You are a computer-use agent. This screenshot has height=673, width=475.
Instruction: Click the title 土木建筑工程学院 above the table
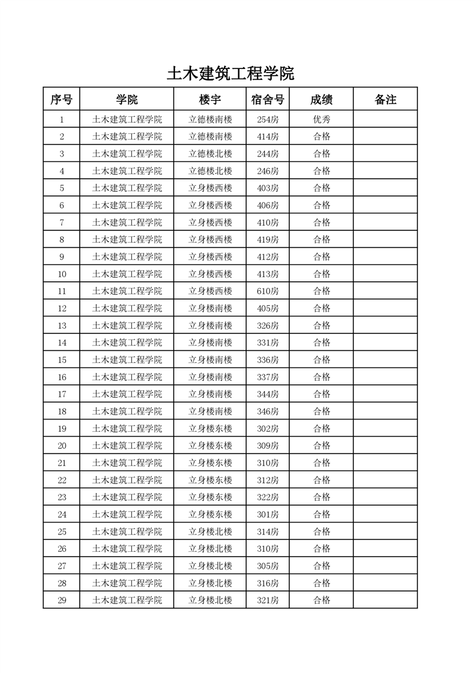click(231, 74)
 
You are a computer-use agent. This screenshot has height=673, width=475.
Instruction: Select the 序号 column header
click(61, 100)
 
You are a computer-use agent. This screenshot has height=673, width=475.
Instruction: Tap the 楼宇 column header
click(210, 100)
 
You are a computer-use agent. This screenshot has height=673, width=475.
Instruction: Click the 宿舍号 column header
click(268, 100)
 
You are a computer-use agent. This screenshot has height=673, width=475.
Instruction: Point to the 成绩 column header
click(322, 100)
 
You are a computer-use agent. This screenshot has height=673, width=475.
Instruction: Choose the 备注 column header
click(385, 100)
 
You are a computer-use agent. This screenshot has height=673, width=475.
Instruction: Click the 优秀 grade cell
click(322, 119)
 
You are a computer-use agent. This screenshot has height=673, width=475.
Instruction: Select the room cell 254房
click(268, 119)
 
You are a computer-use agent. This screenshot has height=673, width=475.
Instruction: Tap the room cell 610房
click(268, 291)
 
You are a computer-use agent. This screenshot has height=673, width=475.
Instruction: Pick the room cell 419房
click(268, 239)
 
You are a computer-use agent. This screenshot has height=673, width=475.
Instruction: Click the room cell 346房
click(268, 411)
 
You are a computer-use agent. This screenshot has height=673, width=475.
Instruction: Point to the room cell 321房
click(268, 600)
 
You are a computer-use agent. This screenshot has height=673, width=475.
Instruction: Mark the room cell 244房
click(268, 154)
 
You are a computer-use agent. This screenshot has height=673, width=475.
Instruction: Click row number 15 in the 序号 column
click(62, 360)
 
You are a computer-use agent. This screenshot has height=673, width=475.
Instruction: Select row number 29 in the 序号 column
click(62, 600)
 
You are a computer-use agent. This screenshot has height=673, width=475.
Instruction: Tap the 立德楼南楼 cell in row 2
click(210, 137)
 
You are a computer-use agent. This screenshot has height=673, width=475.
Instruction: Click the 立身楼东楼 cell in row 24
click(210, 514)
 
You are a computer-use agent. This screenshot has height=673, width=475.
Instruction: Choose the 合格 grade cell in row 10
click(322, 274)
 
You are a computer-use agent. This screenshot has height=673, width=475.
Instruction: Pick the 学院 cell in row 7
click(127, 223)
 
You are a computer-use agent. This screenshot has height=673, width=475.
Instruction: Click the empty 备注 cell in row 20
click(385, 446)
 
